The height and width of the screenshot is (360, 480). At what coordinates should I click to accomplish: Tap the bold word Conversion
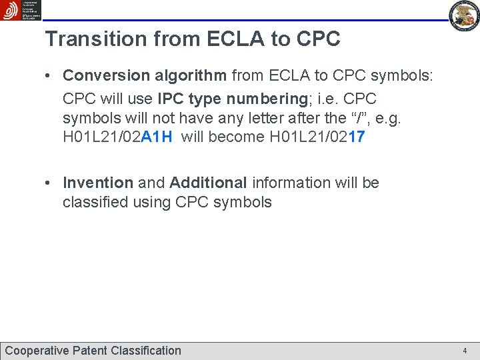[107, 76]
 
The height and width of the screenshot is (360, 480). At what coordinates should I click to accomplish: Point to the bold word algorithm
[191, 76]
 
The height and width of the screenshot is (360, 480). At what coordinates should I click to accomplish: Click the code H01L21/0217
[317, 138]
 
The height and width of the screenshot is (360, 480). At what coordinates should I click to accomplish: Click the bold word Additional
[209, 183]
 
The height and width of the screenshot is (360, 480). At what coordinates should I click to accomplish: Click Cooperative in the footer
[37, 351]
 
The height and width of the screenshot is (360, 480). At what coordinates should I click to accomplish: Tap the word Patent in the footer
[90, 351]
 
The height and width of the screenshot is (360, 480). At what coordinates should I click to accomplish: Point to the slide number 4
[465, 351]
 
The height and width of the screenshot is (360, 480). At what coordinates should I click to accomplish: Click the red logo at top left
[11, 10]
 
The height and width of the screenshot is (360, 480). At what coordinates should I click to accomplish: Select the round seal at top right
[464, 16]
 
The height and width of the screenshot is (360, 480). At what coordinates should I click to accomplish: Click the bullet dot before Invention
[50, 183]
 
